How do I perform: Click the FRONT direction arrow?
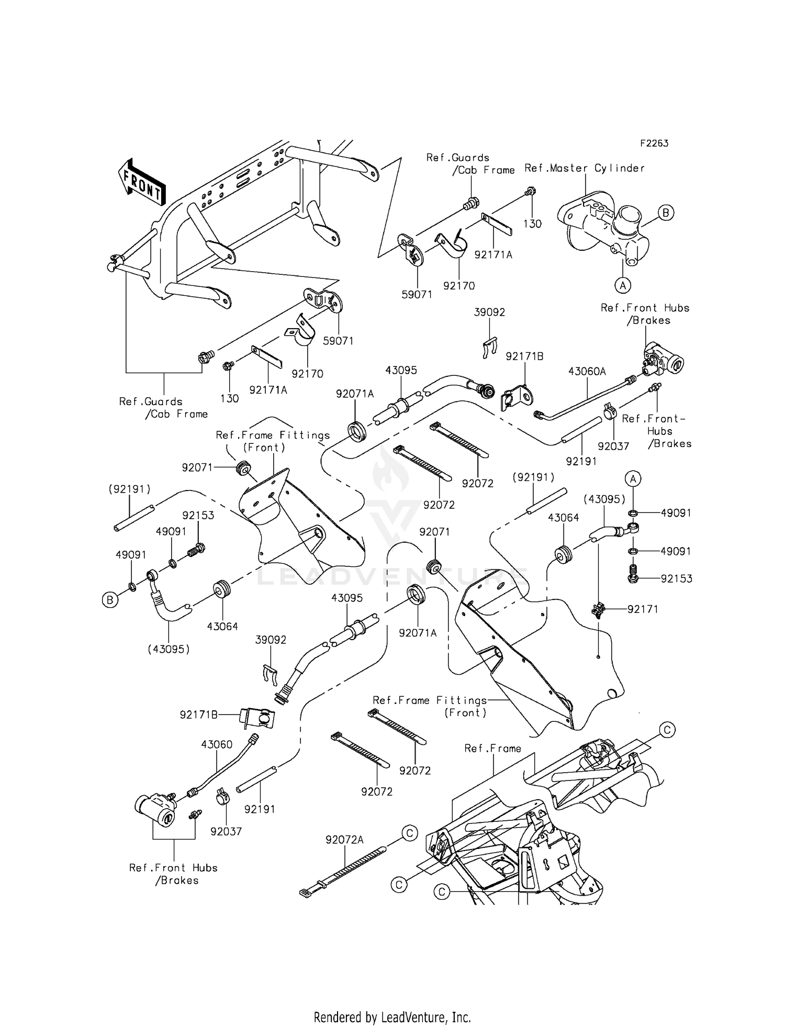pos(142,183)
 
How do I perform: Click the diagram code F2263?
pos(654,143)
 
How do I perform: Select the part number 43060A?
pos(587,371)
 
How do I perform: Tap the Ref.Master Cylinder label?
pos(584,168)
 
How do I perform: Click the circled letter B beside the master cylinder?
pos(666,213)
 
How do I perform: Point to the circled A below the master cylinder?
pos(622,285)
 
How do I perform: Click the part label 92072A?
pos(344,840)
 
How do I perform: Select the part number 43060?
pos(217,744)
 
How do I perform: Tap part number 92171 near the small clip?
pos(643,609)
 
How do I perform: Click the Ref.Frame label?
pos(492,749)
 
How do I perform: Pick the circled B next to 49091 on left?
pos(109,600)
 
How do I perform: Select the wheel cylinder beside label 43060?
pos(155,809)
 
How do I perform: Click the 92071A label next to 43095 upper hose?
pos(355,394)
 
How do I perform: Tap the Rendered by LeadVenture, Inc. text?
pos(392,1017)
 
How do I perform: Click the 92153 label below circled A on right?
pos(676,578)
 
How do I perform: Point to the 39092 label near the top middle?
pos(489,312)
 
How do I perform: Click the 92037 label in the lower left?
pos(226,831)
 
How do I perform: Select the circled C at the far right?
pos(667,730)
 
